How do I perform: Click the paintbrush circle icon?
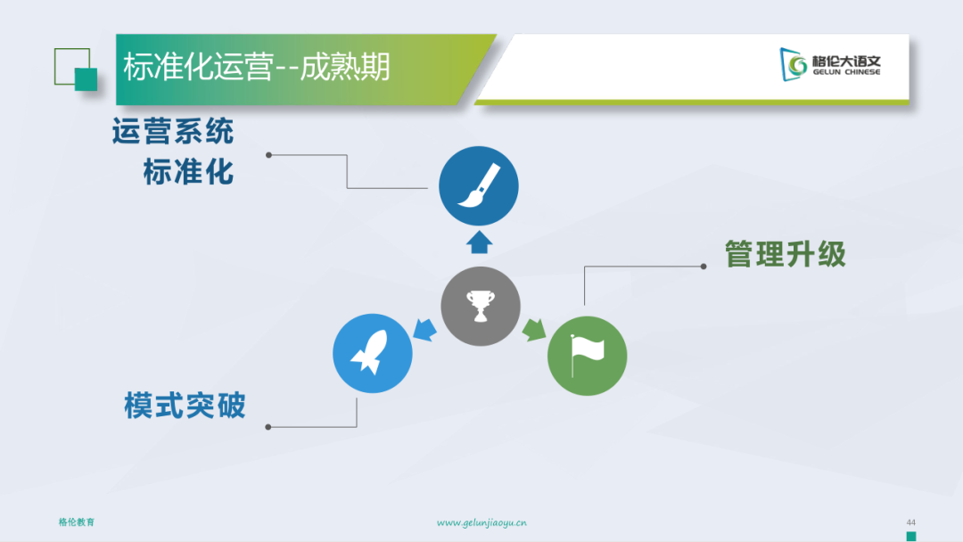coord(479,186)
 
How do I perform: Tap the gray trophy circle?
coord(481,306)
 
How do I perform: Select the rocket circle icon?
coord(372,353)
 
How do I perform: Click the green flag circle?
coord(587,356)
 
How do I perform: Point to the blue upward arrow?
coord(479,242)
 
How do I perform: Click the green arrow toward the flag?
coord(534,330)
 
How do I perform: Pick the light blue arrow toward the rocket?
coord(425,330)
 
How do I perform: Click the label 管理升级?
coord(785,254)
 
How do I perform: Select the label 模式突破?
coord(185,406)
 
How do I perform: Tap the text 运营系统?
coord(173,131)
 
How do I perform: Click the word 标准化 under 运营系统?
coord(188,172)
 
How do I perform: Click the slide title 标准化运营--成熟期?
coord(256,67)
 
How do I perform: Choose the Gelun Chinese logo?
coord(830,64)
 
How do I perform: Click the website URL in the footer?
coord(481,523)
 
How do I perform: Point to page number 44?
coord(910,522)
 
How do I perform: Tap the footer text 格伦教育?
coord(77,522)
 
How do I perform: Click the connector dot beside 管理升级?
coord(704,267)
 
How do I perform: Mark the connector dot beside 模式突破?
coord(267,427)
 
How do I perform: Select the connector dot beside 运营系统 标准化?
coord(268,155)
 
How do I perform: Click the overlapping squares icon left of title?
coord(76,70)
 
